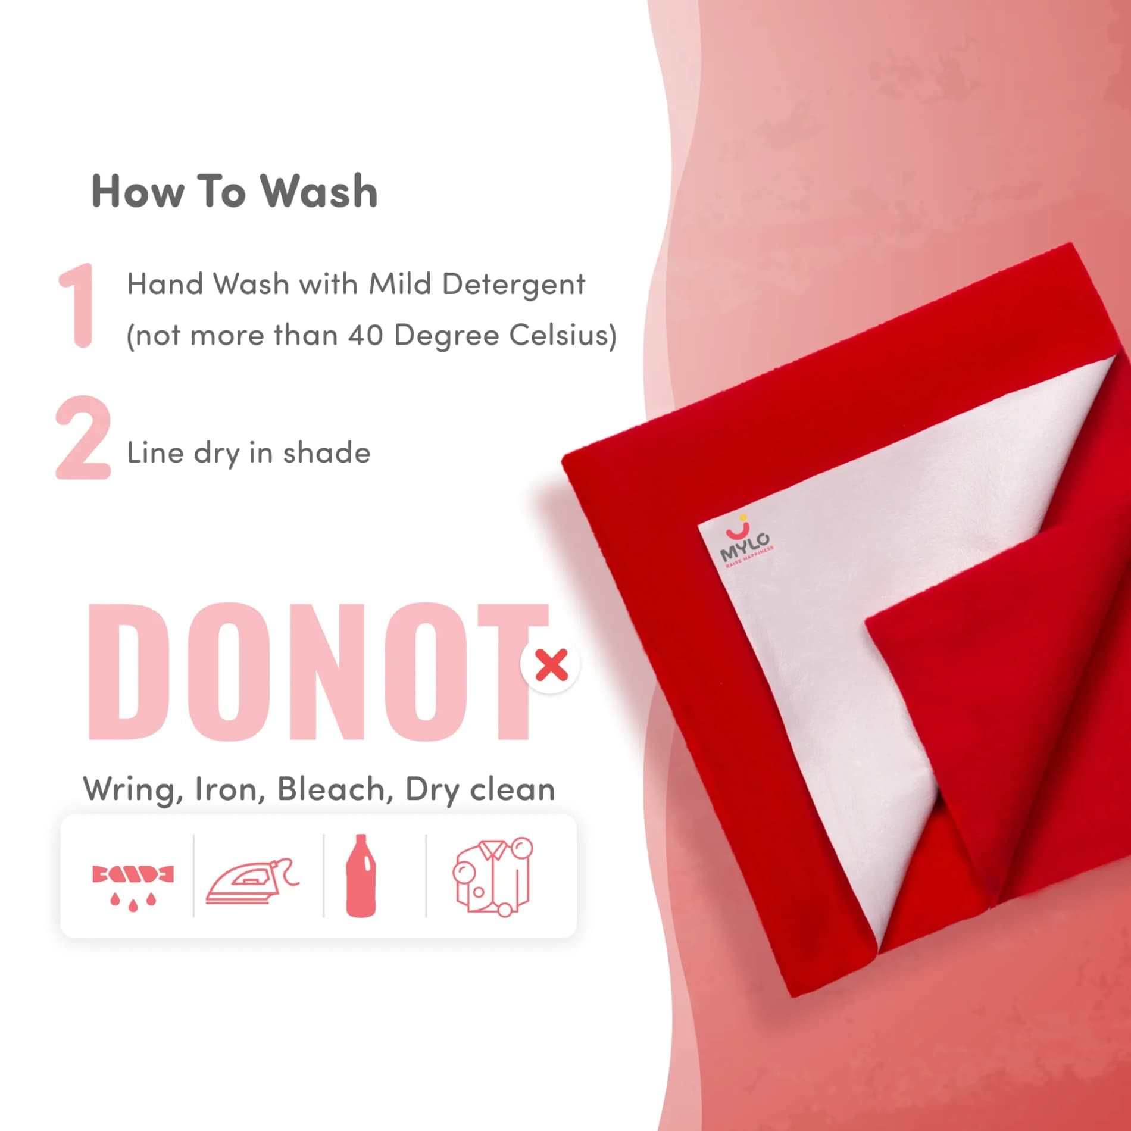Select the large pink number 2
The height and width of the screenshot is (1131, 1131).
(x=83, y=438)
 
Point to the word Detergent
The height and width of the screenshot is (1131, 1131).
(x=514, y=285)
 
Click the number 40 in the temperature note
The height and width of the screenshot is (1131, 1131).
(x=366, y=335)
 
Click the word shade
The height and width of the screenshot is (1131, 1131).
(x=327, y=453)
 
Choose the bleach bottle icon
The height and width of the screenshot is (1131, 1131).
(x=361, y=876)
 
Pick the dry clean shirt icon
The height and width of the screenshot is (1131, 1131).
(x=493, y=877)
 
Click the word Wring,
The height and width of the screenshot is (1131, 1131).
(x=133, y=790)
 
